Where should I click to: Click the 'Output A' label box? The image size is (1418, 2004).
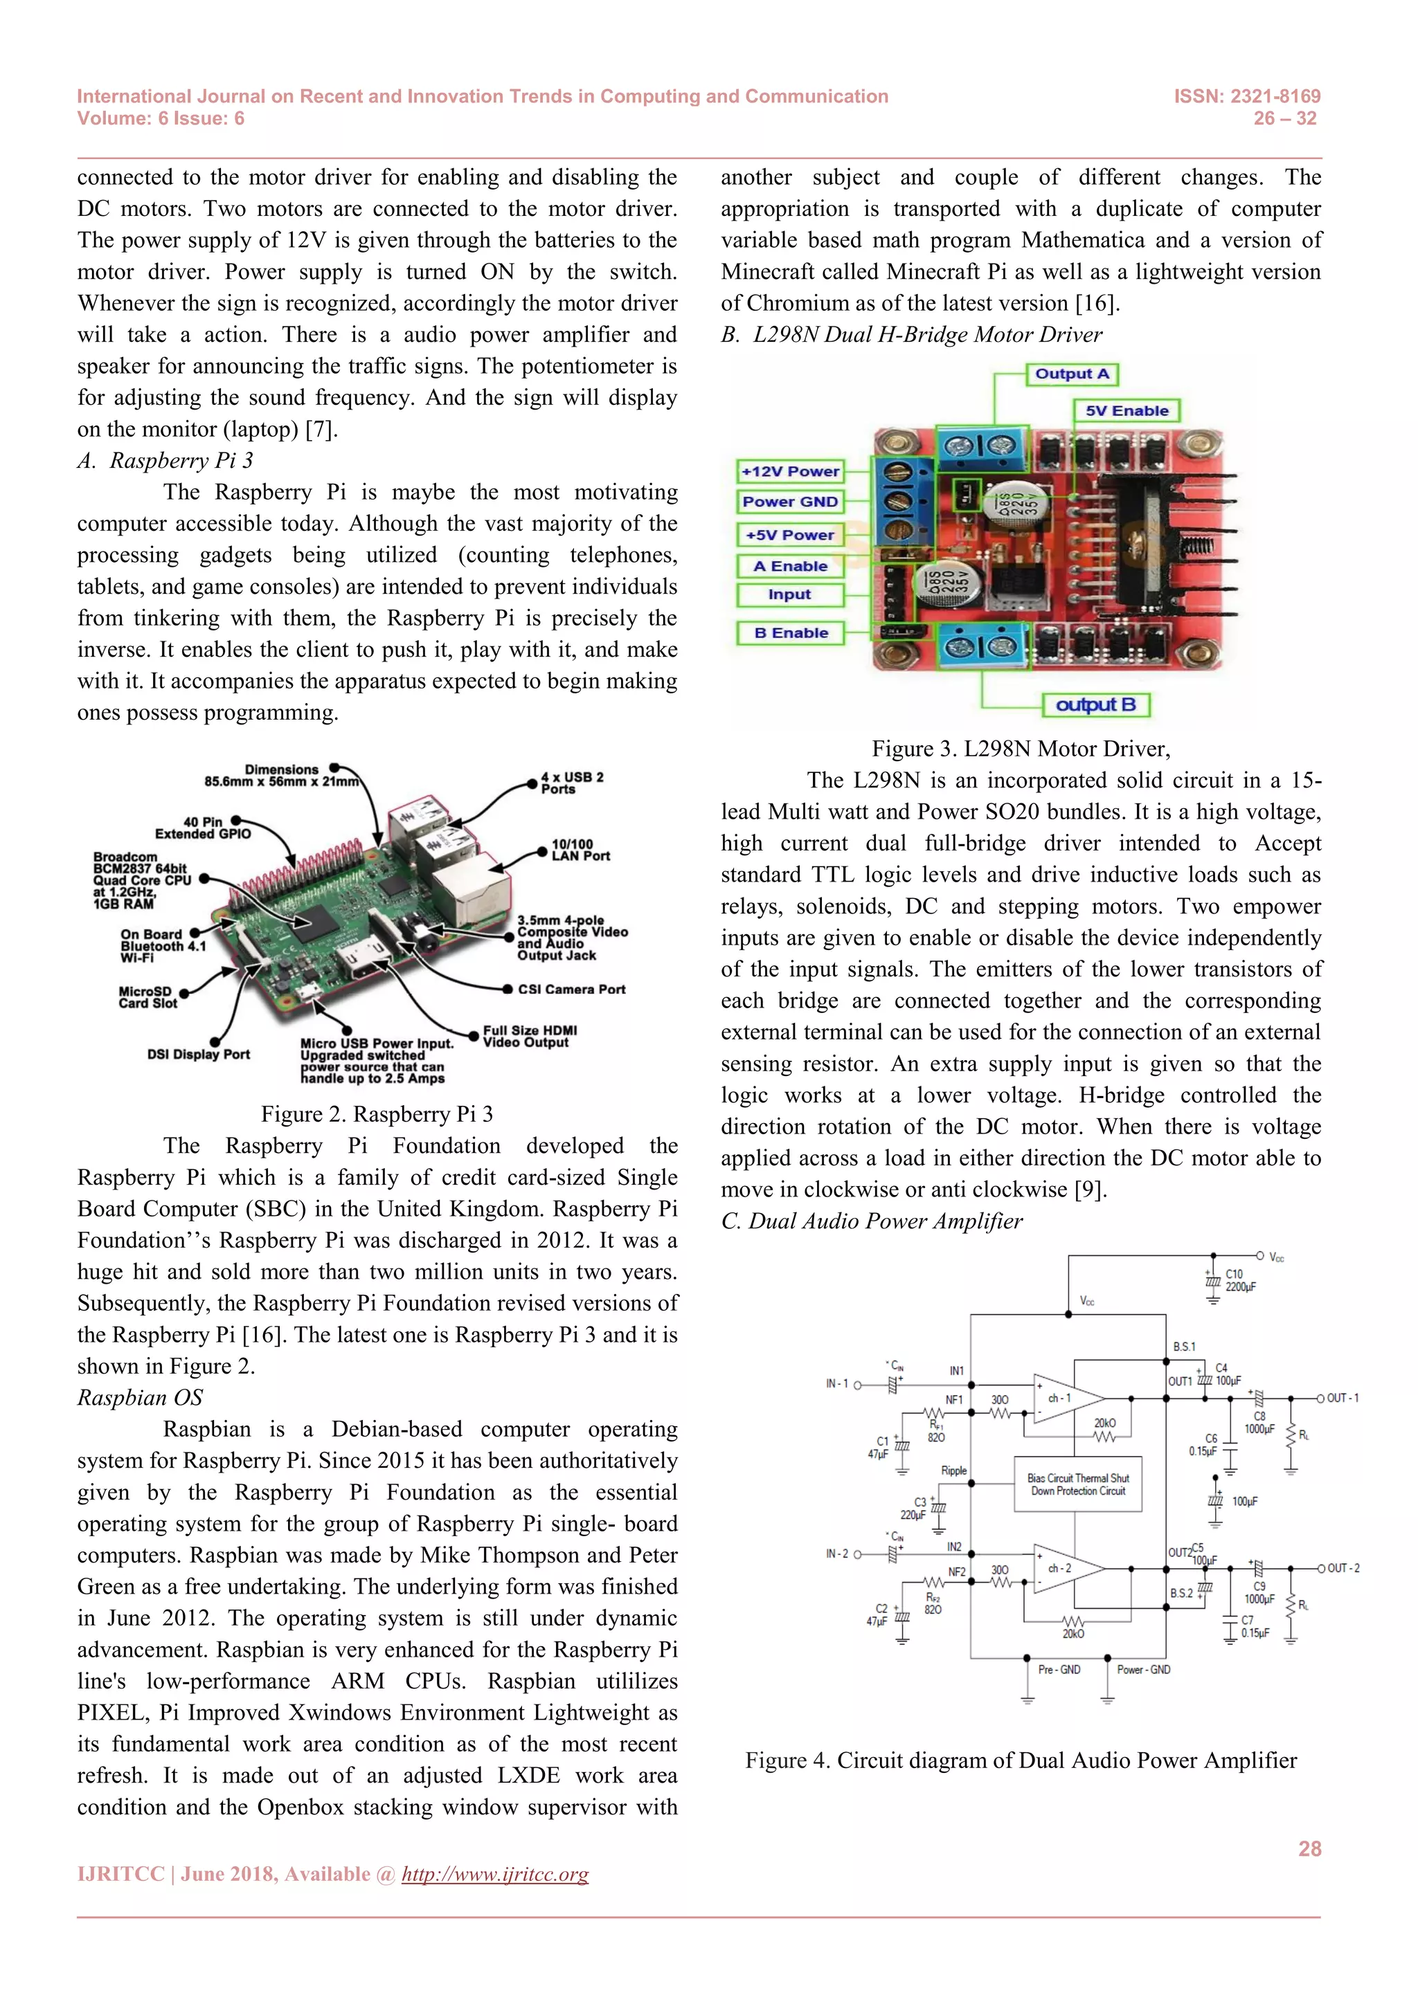[1071, 374]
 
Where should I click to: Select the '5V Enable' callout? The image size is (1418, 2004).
[1127, 411]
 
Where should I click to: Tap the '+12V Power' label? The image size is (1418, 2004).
[790, 471]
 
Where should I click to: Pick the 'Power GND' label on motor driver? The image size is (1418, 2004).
[790, 502]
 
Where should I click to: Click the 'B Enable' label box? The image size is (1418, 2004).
[790, 632]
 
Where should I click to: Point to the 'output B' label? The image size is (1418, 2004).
[1096, 704]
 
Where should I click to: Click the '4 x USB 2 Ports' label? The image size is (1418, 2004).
[571, 782]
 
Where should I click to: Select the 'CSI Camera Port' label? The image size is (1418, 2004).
[571, 989]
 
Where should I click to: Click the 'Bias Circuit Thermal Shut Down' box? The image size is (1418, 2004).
[1077, 1484]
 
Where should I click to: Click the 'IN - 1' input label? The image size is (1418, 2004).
[836, 1383]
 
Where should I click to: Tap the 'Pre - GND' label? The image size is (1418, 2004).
[1059, 1670]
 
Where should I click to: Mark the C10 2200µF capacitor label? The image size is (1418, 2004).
[1240, 1280]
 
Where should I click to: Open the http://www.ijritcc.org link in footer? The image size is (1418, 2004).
[494, 1874]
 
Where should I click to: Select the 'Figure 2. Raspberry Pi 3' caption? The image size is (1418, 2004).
[377, 1115]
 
